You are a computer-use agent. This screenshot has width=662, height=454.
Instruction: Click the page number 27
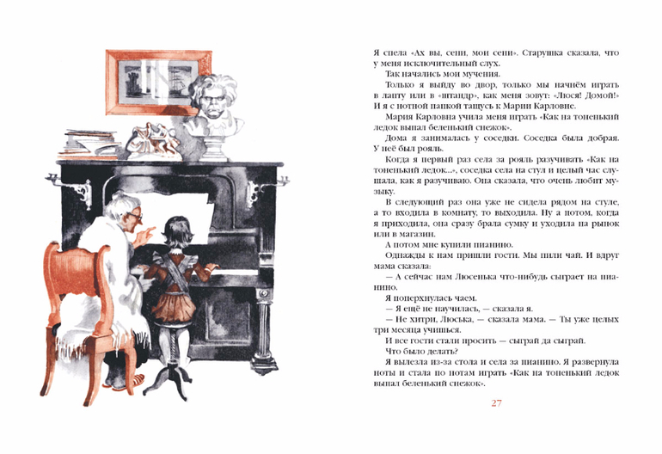(x=496, y=402)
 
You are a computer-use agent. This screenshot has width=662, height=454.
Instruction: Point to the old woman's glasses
(x=136, y=216)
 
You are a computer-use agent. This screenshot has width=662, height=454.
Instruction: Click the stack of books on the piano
(x=89, y=144)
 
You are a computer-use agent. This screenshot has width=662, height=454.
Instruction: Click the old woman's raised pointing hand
(x=144, y=236)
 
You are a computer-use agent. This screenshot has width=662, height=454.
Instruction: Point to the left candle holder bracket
(x=70, y=187)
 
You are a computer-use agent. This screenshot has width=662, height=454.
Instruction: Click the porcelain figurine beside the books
(x=153, y=141)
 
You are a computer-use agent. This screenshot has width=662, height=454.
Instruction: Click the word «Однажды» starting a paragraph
(x=404, y=256)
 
